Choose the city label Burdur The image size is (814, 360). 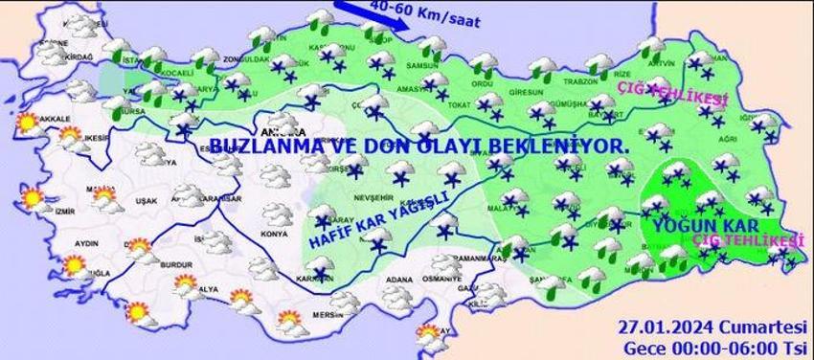(x=150, y=271)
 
